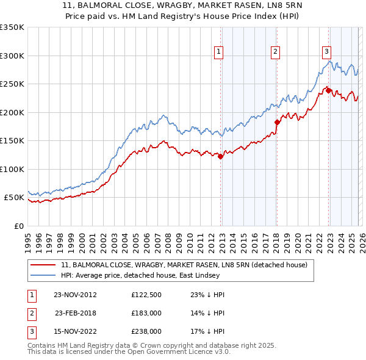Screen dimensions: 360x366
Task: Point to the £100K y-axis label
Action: click(x=12, y=169)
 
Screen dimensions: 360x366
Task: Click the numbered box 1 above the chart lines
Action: click(x=218, y=52)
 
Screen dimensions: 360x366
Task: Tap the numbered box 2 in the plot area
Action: click(x=276, y=52)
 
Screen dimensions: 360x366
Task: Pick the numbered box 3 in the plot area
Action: click(x=326, y=52)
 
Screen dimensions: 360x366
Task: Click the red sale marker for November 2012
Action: click(x=221, y=156)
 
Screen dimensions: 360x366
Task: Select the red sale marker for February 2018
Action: click(x=277, y=122)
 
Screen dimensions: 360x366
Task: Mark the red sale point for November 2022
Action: click(x=328, y=90)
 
